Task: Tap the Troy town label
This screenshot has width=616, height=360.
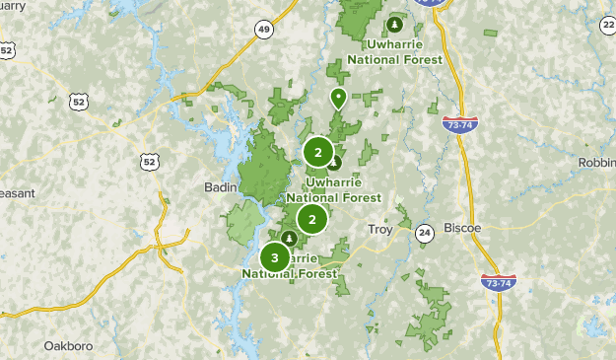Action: pyautogui.click(x=379, y=230)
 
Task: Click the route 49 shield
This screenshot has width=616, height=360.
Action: pyautogui.click(x=264, y=30)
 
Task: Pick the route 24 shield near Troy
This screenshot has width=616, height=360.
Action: pyautogui.click(x=424, y=233)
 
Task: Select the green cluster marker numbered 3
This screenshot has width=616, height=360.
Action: pyautogui.click(x=275, y=257)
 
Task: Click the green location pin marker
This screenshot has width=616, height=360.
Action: pyautogui.click(x=338, y=98)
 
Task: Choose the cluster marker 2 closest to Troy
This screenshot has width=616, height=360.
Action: pyautogui.click(x=312, y=219)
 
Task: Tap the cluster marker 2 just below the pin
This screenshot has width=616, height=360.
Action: pyautogui.click(x=317, y=152)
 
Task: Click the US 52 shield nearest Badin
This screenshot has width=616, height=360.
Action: pyautogui.click(x=149, y=161)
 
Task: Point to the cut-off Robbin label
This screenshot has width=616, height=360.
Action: pyautogui.click(x=597, y=162)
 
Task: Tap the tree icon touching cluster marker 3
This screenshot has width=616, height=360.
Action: pyautogui.click(x=289, y=239)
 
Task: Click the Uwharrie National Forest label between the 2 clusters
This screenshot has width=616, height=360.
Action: pyautogui.click(x=329, y=189)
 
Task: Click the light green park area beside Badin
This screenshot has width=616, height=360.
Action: pyautogui.click(x=242, y=225)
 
